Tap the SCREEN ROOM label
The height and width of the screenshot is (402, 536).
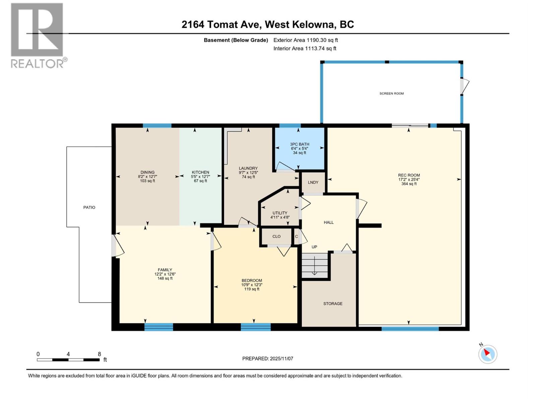[x=391, y=93]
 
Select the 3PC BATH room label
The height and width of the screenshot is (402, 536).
[x=299, y=144]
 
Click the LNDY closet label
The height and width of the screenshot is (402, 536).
[x=313, y=182]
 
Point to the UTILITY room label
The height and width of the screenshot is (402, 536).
[x=280, y=213]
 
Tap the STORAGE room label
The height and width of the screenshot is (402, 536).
[x=333, y=304]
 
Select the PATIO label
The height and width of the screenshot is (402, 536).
[x=89, y=207]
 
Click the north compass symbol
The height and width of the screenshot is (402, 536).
[x=487, y=354]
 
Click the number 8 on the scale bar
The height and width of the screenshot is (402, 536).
[x=99, y=354]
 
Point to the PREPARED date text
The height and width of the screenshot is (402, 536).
[x=268, y=358]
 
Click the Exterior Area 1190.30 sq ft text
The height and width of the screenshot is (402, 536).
[x=306, y=40]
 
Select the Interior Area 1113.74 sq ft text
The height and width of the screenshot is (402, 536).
[x=305, y=48]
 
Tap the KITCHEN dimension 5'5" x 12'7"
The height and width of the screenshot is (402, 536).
[x=200, y=177]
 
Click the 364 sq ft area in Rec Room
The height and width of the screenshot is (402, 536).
[x=409, y=184]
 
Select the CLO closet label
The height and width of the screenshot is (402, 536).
[x=276, y=236]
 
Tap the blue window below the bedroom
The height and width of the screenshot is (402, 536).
[x=256, y=327]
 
